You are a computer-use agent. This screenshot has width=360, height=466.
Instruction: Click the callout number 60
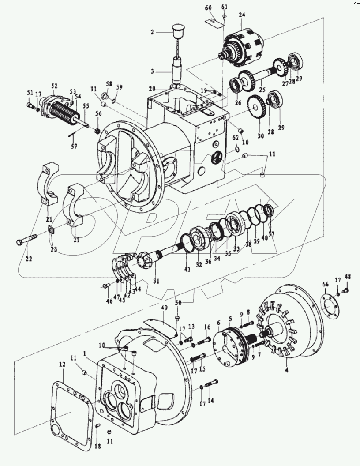pyautogui.click(x=208, y=7)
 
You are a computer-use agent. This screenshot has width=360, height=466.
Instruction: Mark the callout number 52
pyautogui.click(x=54, y=86)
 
